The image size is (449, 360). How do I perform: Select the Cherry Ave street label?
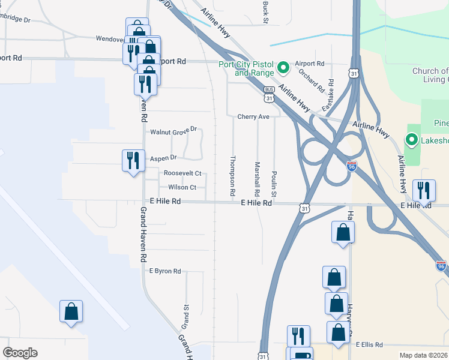pyautogui.click(x=253, y=116)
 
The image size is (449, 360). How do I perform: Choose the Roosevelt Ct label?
pyautogui.click(x=182, y=173)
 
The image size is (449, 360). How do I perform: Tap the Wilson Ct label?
pyautogui.click(x=182, y=187)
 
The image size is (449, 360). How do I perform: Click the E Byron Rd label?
pyautogui.click(x=165, y=271)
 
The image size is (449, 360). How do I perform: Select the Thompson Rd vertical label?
pyautogui.click(x=232, y=177)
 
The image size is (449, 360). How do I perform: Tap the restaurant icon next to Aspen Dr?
pyautogui.click(x=133, y=160)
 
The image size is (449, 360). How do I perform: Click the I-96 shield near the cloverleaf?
pyautogui.click(x=352, y=166)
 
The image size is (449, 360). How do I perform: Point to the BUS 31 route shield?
pyautogui.click(x=270, y=94)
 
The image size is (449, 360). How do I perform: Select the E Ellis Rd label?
pyautogui.click(x=369, y=344)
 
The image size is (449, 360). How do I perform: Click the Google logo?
pyautogui.click(x=20, y=353)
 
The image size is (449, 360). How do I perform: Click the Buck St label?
pyautogui.click(x=265, y=11)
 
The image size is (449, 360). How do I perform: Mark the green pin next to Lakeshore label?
pyautogui.click(x=412, y=141)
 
